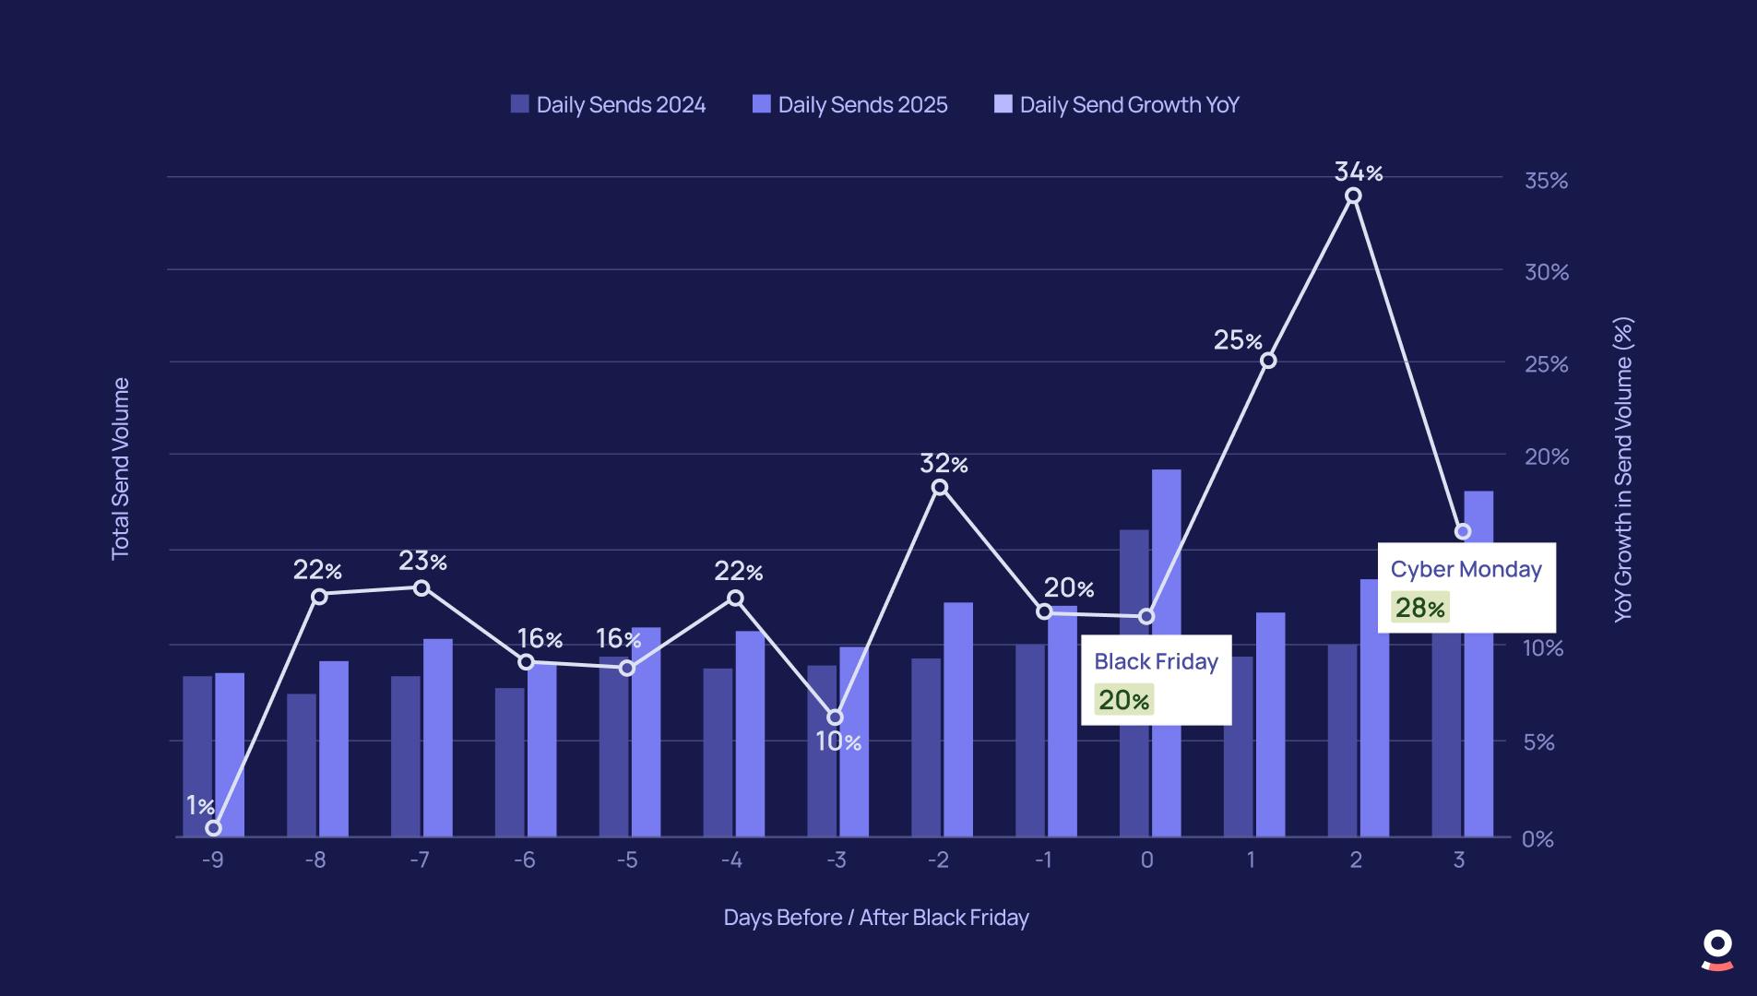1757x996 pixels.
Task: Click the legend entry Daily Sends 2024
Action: point(609,105)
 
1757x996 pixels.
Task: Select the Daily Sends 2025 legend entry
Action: point(850,105)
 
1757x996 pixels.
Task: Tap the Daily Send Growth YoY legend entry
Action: point(1117,105)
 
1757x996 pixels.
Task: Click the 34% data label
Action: point(1358,172)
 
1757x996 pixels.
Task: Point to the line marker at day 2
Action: point(1353,196)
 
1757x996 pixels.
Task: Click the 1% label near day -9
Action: point(200,806)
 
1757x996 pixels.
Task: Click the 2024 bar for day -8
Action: point(301,765)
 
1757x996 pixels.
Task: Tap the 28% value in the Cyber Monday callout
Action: point(1419,608)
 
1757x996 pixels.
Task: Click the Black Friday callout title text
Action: point(1156,661)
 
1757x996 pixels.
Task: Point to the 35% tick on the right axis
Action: point(1546,181)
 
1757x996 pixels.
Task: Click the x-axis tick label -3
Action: point(836,860)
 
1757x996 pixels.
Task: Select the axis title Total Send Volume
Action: point(121,468)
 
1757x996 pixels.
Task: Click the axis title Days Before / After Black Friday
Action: point(875,918)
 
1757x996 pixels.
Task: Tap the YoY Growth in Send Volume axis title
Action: point(1623,469)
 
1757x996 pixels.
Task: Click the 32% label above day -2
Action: point(944,464)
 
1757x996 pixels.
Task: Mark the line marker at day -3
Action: point(835,717)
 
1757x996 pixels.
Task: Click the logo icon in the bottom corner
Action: point(1716,951)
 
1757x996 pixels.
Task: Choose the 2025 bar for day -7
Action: point(438,738)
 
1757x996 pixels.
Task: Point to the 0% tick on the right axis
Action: point(1537,839)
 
